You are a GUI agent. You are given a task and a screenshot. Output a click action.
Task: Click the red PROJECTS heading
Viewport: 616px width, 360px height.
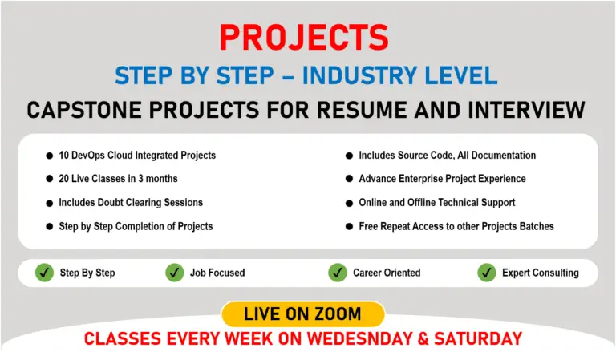point(304,38)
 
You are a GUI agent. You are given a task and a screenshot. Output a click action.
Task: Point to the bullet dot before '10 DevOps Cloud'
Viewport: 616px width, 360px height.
point(49,155)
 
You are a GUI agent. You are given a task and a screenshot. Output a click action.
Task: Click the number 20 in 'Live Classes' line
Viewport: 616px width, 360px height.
point(65,178)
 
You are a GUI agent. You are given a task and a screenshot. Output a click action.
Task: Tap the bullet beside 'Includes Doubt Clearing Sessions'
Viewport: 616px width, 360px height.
point(49,202)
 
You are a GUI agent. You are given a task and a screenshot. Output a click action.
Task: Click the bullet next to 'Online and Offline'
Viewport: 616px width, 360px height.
point(349,202)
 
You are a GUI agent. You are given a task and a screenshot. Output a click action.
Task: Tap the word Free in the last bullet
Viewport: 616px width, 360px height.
point(368,226)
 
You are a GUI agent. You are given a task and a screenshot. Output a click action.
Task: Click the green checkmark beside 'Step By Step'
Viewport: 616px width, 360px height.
point(44,273)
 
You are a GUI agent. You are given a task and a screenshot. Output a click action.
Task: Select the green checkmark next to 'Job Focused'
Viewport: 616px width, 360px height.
point(174,273)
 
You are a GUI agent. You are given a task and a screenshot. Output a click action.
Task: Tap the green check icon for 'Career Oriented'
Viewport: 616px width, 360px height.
point(338,273)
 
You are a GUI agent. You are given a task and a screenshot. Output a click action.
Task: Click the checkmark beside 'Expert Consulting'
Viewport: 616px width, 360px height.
point(486,273)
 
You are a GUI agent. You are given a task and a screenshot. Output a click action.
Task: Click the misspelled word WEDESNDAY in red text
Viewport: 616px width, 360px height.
point(377,338)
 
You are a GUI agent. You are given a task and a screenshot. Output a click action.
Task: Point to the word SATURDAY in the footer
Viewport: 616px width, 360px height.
point(479,338)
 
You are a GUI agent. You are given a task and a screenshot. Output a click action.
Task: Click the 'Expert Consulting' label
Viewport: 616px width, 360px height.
point(540,273)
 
